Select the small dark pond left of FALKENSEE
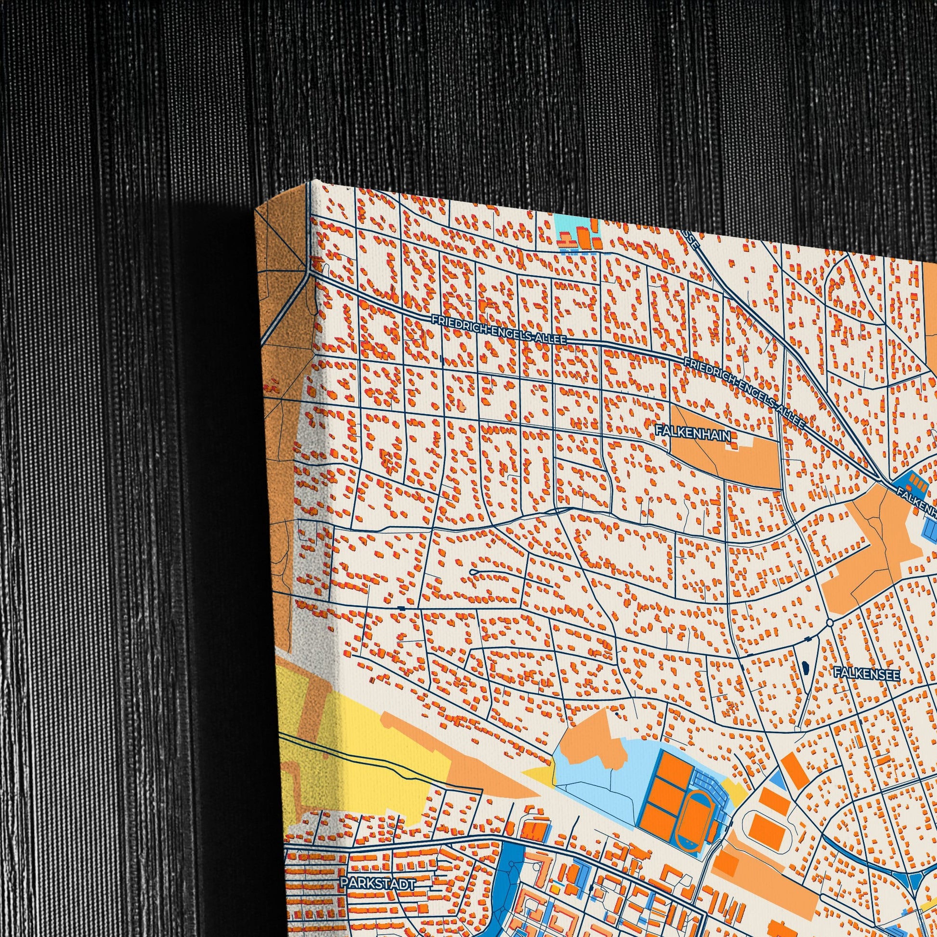(806, 668)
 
